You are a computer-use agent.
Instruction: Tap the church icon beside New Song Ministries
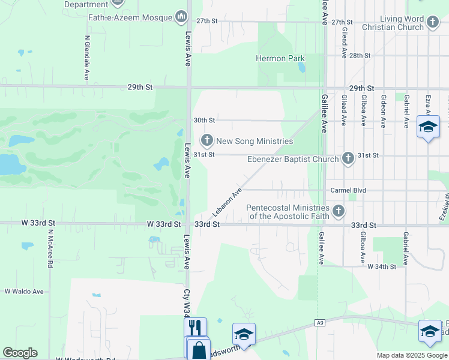pyautogui.click(x=207, y=141)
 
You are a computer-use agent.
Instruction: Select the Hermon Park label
pyautogui.click(x=280, y=59)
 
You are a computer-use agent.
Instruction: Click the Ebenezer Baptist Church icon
pyautogui.click(x=348, y=158)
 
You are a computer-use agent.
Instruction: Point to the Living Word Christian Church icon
pyautogui.click(x=433, y=23)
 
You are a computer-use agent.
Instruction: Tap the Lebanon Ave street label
pyautogui.click(x=226, y=202)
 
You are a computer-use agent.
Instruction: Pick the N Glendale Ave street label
pyautogui.click(x=87, y=56)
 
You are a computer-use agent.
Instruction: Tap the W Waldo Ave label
pyautogui.click(x=24, y=292)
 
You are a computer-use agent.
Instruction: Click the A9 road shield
pyautogui.click(x=320, y=323)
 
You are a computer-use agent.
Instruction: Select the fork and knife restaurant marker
pyautogui.click(x=194, y=328)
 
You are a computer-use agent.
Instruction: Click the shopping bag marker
pyautogui.click(x=199, y=350)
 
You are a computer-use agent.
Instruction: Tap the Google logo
pyautogui.click(x=20, y=353)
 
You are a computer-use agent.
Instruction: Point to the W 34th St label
pyautogui.click(x=382, y=266)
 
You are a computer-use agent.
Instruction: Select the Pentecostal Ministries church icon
pyautogui.click(x=339, y=211)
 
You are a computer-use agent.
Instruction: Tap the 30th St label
pyautogui.click(x=204, y=120)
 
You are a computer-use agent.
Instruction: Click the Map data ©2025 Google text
pyautogui.click(x=411, y=355)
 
